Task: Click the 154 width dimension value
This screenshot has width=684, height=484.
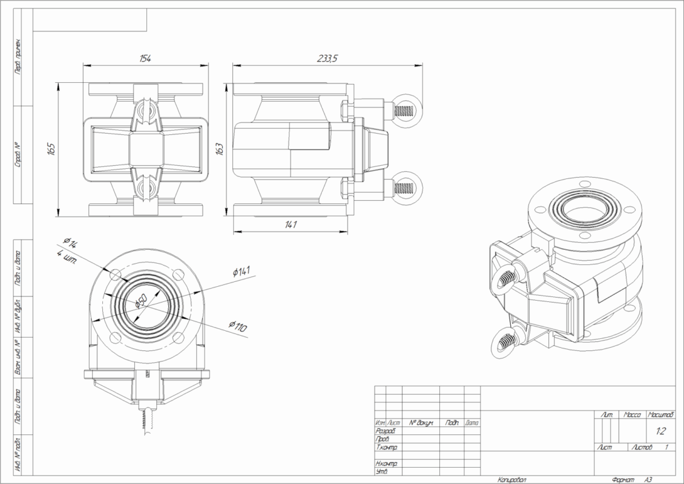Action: click(x=145, y=58)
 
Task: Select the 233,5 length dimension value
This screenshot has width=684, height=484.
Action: click(x=327, y=58)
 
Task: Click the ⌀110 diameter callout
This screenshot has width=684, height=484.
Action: click(x=238, y=327)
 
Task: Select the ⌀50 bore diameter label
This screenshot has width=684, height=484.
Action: click(x=141, y=301)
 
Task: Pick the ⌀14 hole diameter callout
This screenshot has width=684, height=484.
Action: click(x=71, y=244)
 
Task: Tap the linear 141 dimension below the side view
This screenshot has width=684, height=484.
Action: click(x=291, y=224)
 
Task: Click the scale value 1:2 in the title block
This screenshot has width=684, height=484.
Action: click(x=660, y=431)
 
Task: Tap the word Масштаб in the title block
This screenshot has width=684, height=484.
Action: click(x=660, y=415)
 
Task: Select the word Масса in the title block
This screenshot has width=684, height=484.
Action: click(x=633, y=415)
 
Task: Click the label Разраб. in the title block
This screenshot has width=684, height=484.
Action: click(x=386, y=431)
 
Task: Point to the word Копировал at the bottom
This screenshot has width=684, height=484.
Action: click(x=512, y=479)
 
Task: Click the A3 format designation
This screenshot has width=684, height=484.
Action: click(x=648, y=479)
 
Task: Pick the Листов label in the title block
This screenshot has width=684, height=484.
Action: click(x=641, y=447)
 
